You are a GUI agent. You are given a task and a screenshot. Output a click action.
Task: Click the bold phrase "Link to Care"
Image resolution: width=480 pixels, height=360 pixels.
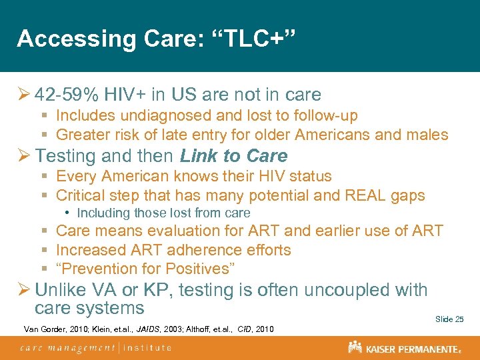[233, 156]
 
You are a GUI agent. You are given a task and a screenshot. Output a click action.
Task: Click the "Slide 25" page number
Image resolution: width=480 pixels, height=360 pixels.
[449, 319]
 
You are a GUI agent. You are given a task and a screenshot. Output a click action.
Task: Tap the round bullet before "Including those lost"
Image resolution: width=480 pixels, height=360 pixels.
[69, 214]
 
